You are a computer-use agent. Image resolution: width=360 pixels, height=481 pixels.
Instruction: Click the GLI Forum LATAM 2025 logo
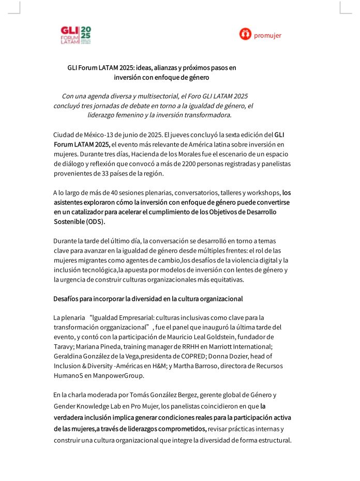pyautogui.click(x=76, y=35)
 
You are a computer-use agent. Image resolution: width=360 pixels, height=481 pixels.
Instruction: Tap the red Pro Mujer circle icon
pyautogui.click(x=245, y=34)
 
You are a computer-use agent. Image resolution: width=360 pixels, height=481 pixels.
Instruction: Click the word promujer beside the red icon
pyautogui.click(x=267, y=35)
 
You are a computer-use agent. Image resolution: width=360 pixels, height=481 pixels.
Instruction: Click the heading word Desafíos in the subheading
pyautogui.click(x=66, y=299)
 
